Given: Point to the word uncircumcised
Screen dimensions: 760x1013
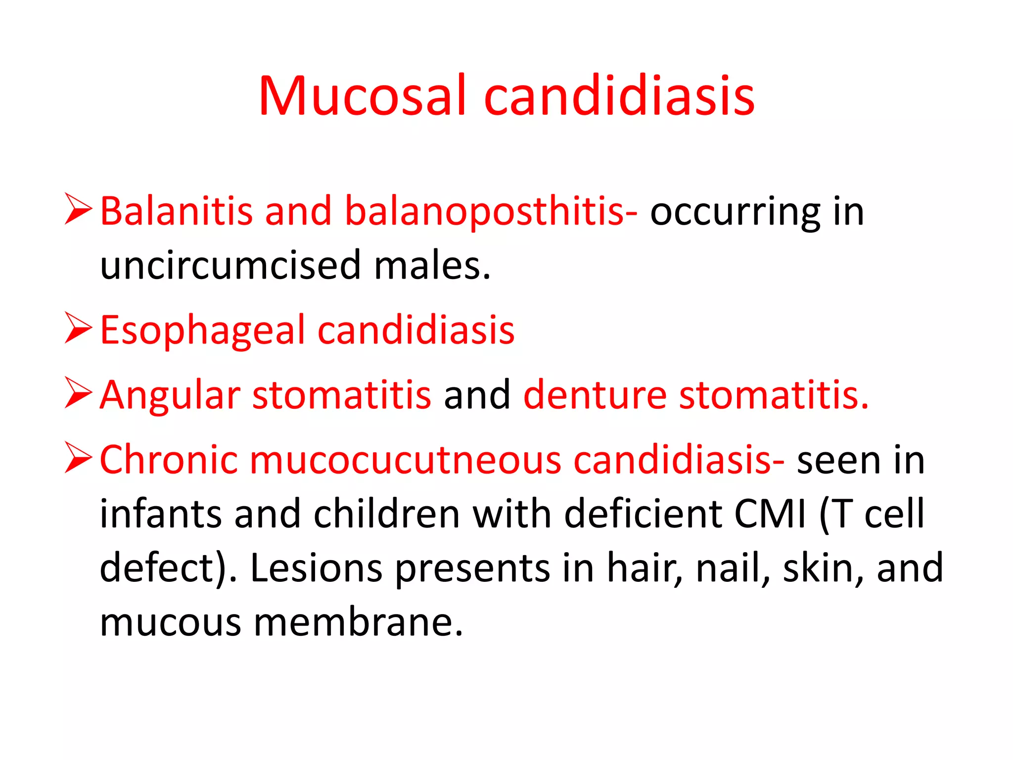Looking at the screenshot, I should [230, 265].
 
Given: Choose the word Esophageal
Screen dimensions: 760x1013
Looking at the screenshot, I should [203, 331].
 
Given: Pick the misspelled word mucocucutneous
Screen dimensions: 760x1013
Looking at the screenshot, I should [406, 460].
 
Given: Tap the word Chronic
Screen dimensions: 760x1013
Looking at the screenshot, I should [169, 460].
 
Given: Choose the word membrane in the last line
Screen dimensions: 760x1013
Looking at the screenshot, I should [359, 622].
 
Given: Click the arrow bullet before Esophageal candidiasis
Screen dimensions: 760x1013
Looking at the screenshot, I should [79, 328].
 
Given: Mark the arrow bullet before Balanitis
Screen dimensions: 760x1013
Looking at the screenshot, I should [79, 209].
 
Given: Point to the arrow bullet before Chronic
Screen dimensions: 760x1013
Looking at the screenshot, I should [79, 458].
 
